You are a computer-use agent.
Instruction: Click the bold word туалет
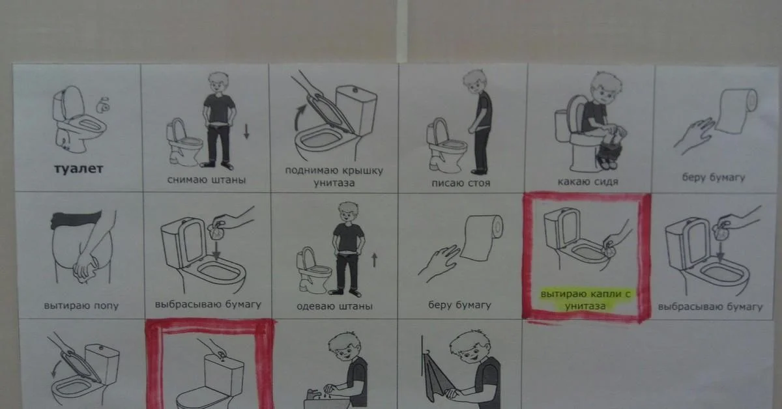pos(79,169)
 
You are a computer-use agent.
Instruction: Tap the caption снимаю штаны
pos(207,180)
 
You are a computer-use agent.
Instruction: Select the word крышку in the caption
pos(362,171)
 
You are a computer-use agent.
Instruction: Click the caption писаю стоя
pos(461,183)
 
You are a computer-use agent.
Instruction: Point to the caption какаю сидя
pos(588,182)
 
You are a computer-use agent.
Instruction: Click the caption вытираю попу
pos(81,306)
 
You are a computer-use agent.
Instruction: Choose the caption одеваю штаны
pos(334,306)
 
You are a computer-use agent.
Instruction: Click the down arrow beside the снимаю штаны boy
pos(246,132)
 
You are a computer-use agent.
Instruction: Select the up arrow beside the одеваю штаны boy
pos(375,261)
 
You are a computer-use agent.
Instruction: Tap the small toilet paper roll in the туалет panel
pos(104,105)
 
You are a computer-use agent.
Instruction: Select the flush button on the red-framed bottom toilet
pos(221,355)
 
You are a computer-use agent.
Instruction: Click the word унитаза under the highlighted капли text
pos(585,306)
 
